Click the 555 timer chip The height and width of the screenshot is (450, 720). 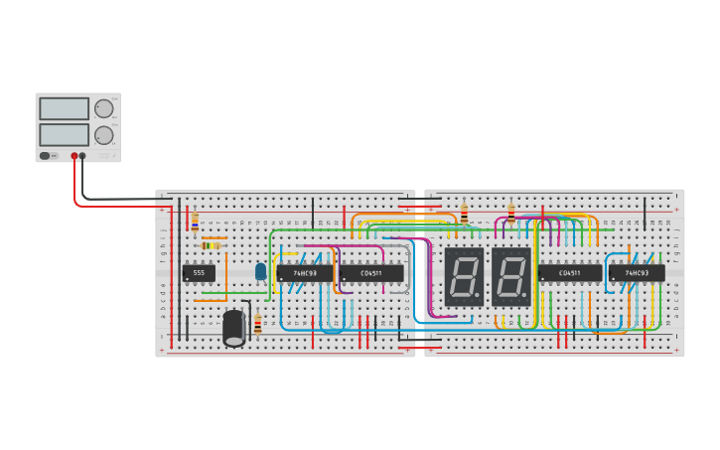(x=199, y=273)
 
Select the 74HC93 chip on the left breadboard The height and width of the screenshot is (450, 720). (x=305, y=273)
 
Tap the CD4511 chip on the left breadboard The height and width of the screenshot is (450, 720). (x=371, y=273)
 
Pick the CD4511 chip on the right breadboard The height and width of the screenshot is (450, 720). (x=570, y=273)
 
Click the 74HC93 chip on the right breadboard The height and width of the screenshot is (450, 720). (x=637, y=273)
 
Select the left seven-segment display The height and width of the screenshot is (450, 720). (x=464, y=275)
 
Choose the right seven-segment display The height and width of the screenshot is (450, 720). (x=511, y=275)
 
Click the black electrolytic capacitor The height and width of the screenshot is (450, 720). (x=234, y=328)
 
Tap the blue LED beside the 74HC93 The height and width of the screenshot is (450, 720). (x=261, y=270)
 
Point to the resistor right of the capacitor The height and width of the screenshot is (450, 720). (x=258, y=324)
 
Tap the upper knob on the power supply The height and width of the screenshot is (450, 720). (x=103, y=109)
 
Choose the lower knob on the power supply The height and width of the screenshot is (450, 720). (x=103, y=135)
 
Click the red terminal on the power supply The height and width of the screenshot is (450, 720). (x=74, y=156)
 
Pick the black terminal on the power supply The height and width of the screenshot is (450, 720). (x=82, y=156)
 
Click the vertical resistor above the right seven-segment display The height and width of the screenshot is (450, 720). (x=511, y=214)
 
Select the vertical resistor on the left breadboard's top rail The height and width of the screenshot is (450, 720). (x=195, y=221)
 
